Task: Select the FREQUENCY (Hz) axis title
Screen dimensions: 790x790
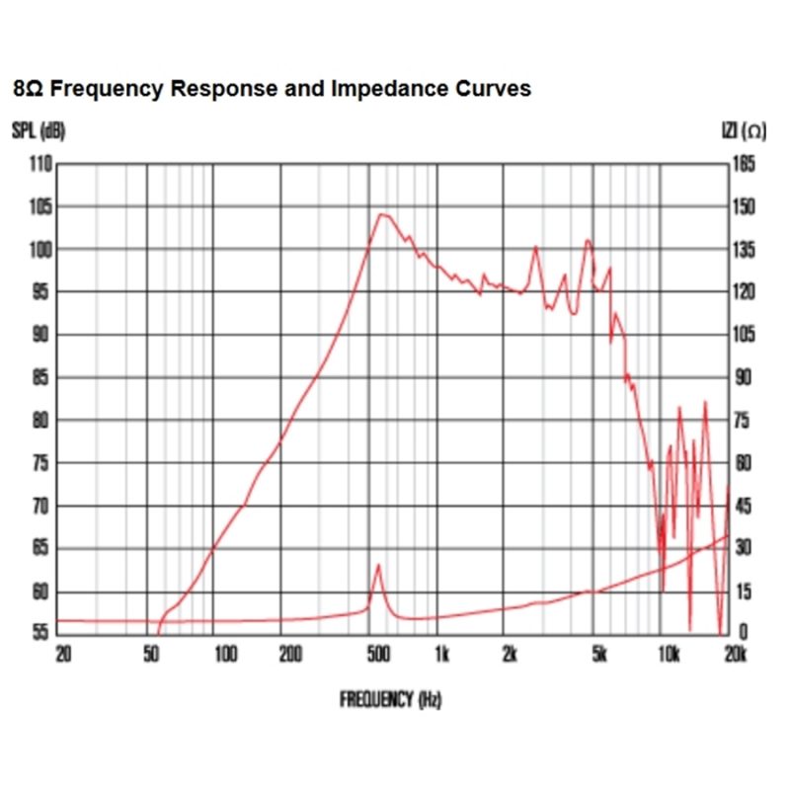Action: [390, 700]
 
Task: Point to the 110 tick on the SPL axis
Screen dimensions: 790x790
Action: [39, 164]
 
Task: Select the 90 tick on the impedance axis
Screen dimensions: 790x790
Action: [743, 377]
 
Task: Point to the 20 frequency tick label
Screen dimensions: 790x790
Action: [63, 654]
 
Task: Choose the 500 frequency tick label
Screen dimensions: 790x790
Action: [377, 654]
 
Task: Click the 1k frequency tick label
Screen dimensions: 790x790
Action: [441, 654]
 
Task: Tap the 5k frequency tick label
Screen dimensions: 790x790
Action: [598, 654]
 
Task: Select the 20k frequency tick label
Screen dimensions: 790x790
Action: [734, 654]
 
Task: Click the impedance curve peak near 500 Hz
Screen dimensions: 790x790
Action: [378, 566]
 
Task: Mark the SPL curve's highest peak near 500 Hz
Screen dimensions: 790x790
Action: [381, 214]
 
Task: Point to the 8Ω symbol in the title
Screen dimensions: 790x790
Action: [28, 89]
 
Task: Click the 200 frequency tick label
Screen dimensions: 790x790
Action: [289, 654]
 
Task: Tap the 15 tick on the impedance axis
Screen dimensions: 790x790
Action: [742, 592]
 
